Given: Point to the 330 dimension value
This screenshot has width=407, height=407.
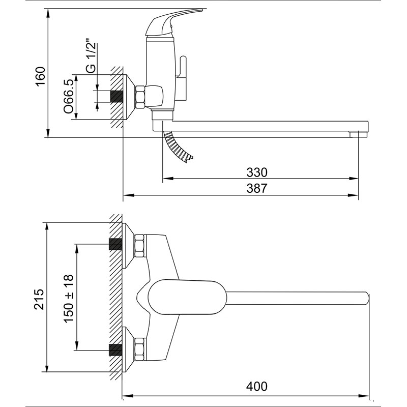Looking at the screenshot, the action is [257, 172].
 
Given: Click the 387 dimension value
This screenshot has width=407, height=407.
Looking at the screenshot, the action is [257, 188].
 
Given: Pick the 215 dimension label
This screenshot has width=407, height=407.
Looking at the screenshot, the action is [39, 299].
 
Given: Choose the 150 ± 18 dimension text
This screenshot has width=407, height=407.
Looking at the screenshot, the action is [69, 298].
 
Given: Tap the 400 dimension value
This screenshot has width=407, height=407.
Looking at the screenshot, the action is [257, 387].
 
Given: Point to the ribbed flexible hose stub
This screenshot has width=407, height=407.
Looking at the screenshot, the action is [178, 147].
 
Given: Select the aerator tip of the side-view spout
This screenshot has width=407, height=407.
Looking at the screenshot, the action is [359, 134].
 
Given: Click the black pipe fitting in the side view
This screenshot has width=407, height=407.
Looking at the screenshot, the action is [117, 97].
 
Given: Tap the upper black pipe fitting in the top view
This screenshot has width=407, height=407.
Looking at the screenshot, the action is [115, 244].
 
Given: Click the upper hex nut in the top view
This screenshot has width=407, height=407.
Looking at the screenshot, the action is [139, 246].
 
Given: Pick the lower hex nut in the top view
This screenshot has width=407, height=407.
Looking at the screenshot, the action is [139, 349].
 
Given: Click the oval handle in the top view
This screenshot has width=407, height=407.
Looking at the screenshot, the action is [187, 297].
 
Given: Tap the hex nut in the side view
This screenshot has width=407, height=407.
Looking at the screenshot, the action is [140, 97].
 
